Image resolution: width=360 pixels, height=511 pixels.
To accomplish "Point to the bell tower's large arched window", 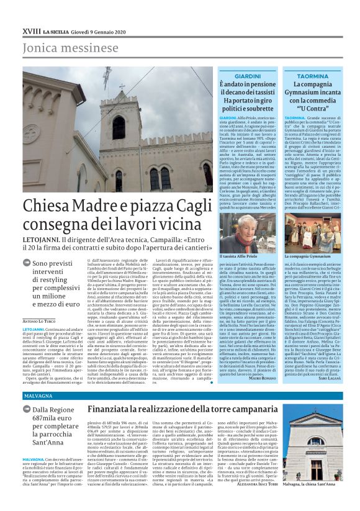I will [118, 128].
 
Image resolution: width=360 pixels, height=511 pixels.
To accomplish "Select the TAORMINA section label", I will [312, 76].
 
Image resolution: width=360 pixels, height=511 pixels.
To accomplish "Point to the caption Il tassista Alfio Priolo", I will [240, 256].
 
